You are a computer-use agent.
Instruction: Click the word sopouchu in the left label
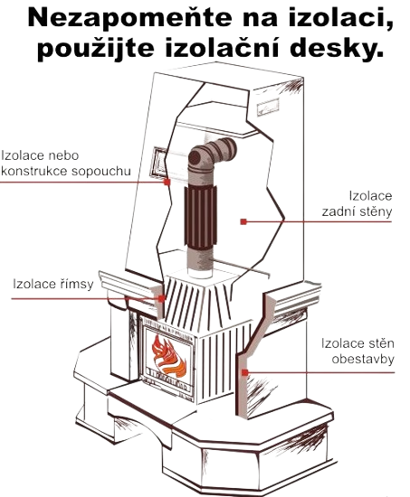(101, 172)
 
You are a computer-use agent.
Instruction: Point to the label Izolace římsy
(53, 284)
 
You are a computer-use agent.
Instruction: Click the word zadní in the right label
(338, 211)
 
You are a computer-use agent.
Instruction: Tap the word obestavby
(363, 359)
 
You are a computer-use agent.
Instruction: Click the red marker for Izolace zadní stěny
(243, 222)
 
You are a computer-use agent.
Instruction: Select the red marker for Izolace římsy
(162, 298)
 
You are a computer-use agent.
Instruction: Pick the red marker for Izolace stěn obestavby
(244, 372)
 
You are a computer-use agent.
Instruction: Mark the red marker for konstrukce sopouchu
(167, 183)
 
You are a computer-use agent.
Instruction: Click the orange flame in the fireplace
(168, 356)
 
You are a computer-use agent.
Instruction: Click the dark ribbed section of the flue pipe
(201, 218)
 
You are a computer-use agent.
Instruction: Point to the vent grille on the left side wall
(158, 163)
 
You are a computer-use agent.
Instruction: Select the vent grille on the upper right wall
(268, 107)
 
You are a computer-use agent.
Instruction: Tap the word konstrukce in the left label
(35, 172)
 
